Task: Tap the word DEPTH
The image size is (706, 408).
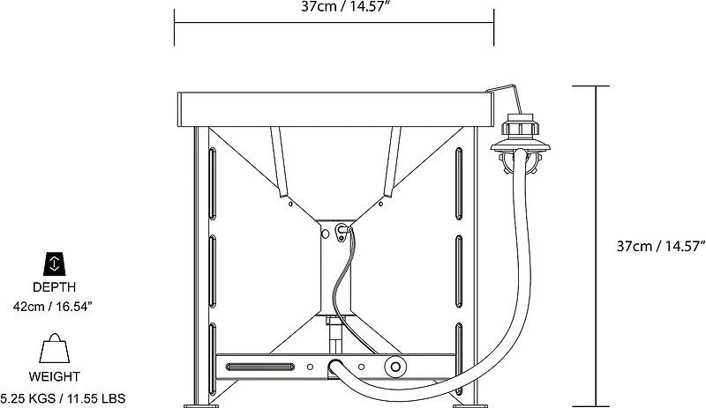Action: point(55,286)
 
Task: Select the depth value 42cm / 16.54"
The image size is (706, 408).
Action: point(55,305)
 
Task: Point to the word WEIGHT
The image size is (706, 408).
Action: point(55,379)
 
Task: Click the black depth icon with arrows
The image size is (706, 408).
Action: point(55,262)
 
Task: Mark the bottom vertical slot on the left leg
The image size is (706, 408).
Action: point(212,352)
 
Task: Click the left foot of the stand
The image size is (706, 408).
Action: point(204,404)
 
